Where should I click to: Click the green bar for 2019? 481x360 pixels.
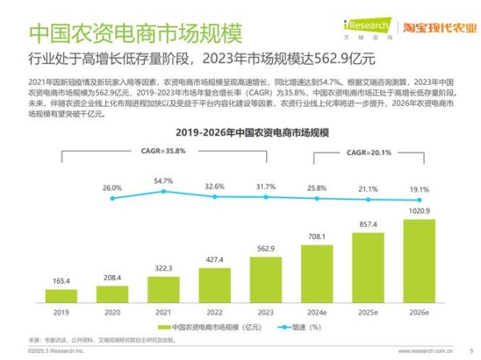tap(61, 296)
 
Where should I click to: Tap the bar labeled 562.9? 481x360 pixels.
tap(266, 279)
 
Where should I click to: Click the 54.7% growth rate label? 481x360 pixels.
tap(164, 182)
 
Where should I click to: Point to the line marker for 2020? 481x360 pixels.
tap(112, 198)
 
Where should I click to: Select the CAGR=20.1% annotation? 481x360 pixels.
tap(369, 152)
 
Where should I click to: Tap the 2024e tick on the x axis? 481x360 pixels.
tap(317, 312)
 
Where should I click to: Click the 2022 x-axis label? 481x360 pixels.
tap(215, 312)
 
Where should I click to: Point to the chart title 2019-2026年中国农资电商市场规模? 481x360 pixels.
tap(240, 131)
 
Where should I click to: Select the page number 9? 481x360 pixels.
tap(471, 350)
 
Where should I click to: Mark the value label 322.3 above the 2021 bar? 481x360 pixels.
tap(164, 268)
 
